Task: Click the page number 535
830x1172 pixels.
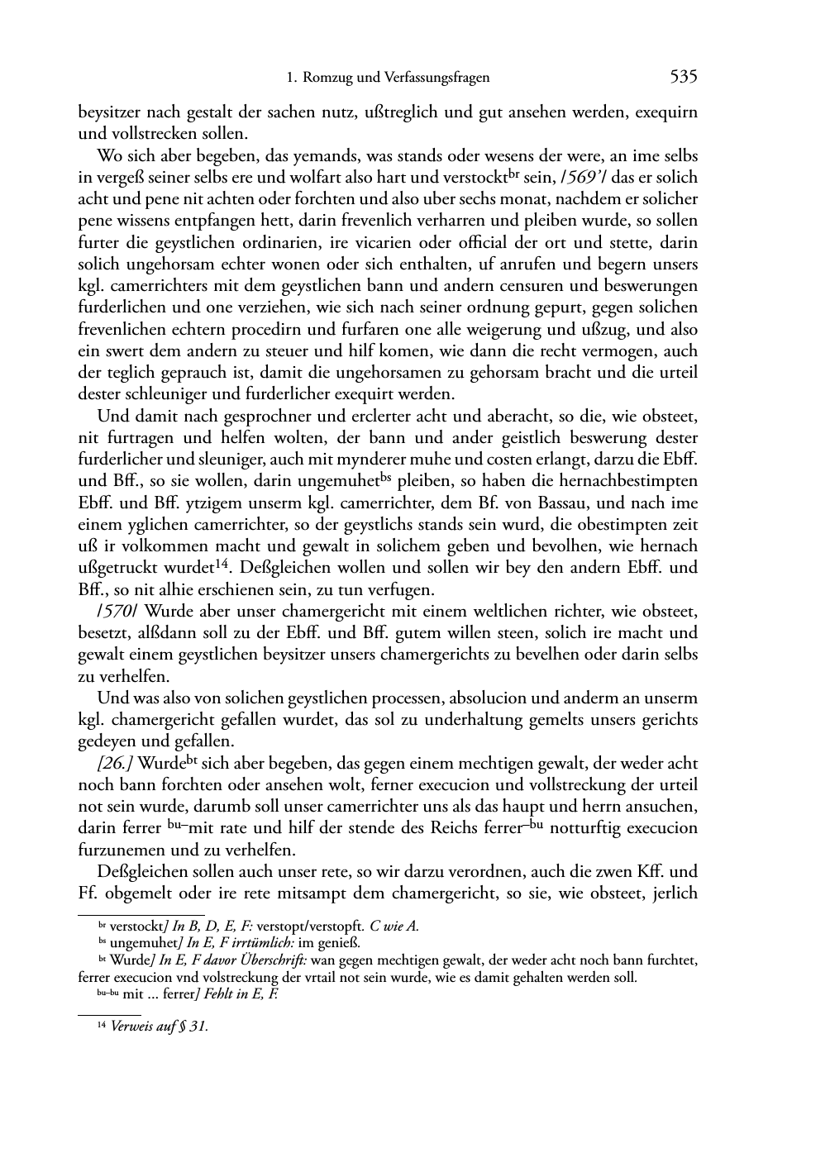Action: pyautogui.click(x=684, y=78)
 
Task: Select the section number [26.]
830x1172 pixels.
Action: pyautogui.click(x=115, y=763)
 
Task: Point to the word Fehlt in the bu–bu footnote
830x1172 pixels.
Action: pyautogui.click(x=212, y=995)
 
